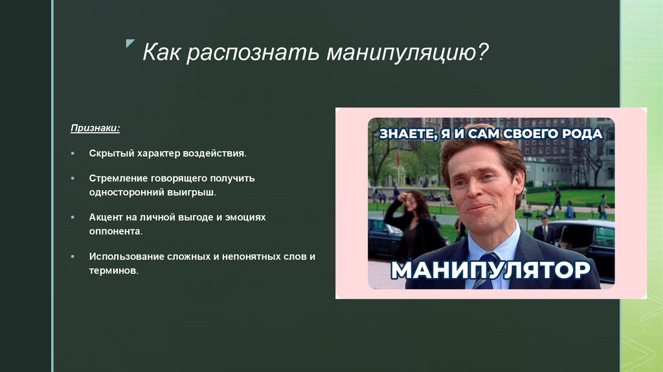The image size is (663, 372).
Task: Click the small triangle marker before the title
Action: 129,43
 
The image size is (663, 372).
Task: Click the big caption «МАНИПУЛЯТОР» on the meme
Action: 490,270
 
